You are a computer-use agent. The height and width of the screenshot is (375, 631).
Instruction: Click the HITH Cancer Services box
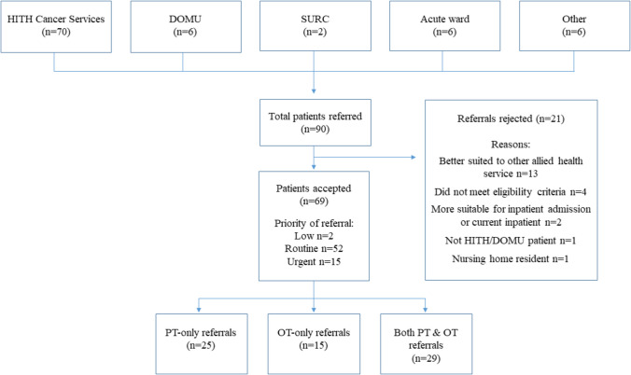pos(56,26)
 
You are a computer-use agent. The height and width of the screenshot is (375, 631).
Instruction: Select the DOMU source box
pos(186,26)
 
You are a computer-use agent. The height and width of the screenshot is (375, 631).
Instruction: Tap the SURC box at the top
pos(315,26)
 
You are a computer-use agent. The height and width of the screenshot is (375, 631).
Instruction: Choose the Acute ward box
pos(444,26)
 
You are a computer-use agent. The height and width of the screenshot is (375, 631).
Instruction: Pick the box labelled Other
pos(574,26)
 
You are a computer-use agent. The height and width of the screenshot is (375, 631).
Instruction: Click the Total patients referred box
pos(315,122)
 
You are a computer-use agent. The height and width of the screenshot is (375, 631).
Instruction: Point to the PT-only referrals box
pos(202,344)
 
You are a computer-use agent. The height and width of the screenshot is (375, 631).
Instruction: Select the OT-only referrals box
pos(314,344)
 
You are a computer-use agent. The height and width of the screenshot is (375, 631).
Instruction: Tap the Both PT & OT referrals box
pos(427,344)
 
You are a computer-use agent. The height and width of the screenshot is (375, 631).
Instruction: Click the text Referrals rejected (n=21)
pos(511,118)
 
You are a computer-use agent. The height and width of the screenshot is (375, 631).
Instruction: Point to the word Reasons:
pos(511,145)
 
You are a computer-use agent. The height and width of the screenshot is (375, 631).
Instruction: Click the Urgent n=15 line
pos(314,261)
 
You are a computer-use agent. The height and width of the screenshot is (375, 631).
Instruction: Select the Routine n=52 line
pos(314,249)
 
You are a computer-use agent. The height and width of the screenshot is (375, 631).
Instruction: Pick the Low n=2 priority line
pos(314,236)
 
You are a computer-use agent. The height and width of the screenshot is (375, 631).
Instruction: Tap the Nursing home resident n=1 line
pos(511,258)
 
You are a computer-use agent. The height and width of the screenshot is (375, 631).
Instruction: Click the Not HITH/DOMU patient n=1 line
pos(511,241)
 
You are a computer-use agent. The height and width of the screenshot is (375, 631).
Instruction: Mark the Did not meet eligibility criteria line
pos(511,192)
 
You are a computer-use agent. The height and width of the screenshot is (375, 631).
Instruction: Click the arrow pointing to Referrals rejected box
pos(365,157)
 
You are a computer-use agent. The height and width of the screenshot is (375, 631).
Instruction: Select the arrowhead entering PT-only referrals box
pos(199,310)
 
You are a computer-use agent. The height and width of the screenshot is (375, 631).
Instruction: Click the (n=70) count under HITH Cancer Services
pos(56,32)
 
